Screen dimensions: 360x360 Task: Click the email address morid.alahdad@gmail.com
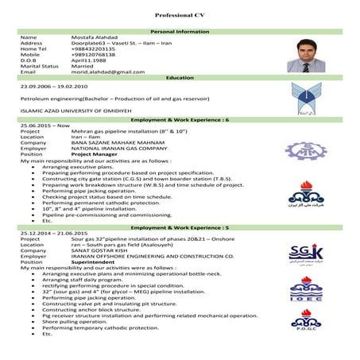108,72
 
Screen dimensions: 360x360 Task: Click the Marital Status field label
40,65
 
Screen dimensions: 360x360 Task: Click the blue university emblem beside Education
306,99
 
